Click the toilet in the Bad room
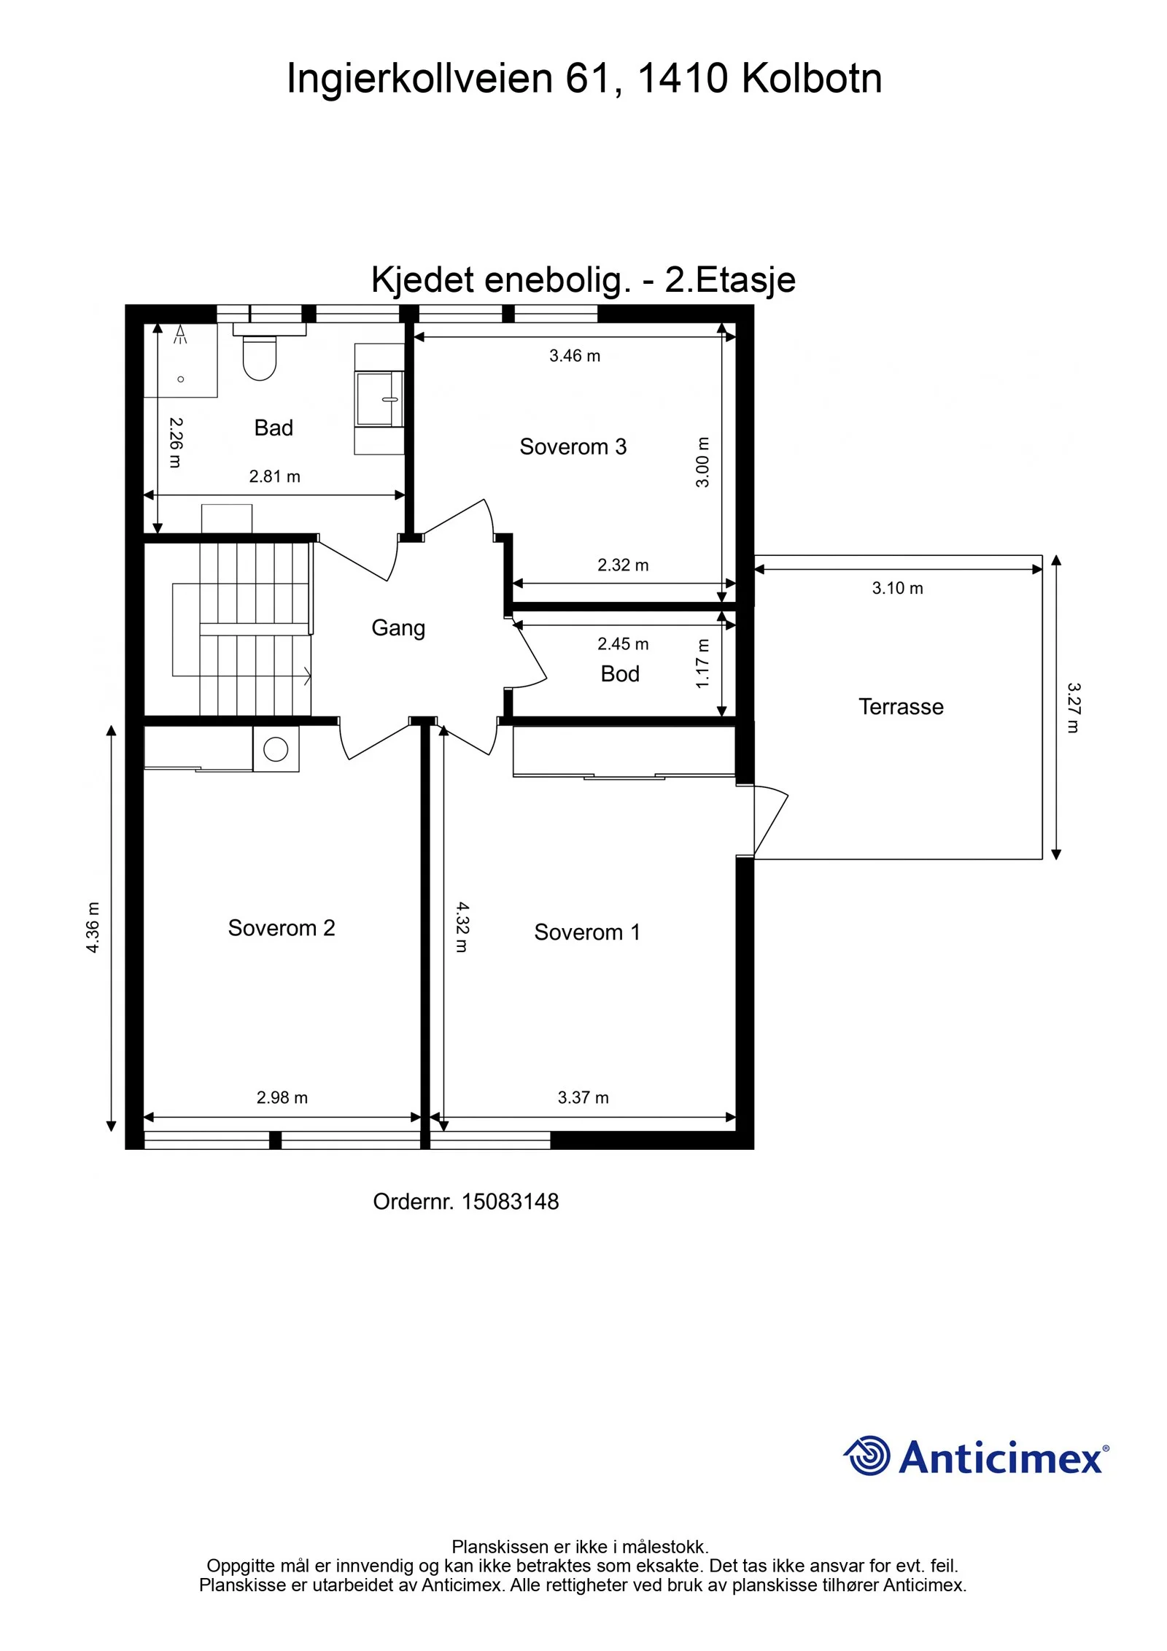pyautogui.click(x=259, y=357)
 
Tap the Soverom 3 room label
pyautogui.click(x=573, y=446)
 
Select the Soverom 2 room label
pyautogui.click(x=282, y=928)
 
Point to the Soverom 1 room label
pyautogui.click(x=587, y=932)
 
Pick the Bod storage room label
pyautogui.click(x=620, y=674)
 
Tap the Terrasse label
pyautogui.click(x=901, y=707)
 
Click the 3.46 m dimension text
pyautogui.click(x=575, y=356)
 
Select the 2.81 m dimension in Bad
pyautogui.click(x=275, y=477)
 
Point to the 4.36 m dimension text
pyautogui.click(x=93, y=927)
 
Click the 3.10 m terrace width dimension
pyautogui.click(x=898, y=589)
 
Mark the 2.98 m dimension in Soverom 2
pyautogui.click(x=282, y=1098)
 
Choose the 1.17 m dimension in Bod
pyautogui.click(x=702, y=663)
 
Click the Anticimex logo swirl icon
pyautogui.click(x=867, y=1455)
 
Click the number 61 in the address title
pyautogui.click(x=589, y=79)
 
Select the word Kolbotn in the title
pyautogui.click(x=812, y=79)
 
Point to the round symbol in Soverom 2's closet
pyautogui.click(x=276, y=749)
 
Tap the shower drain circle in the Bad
pyautogui.click(x=181, y=379)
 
